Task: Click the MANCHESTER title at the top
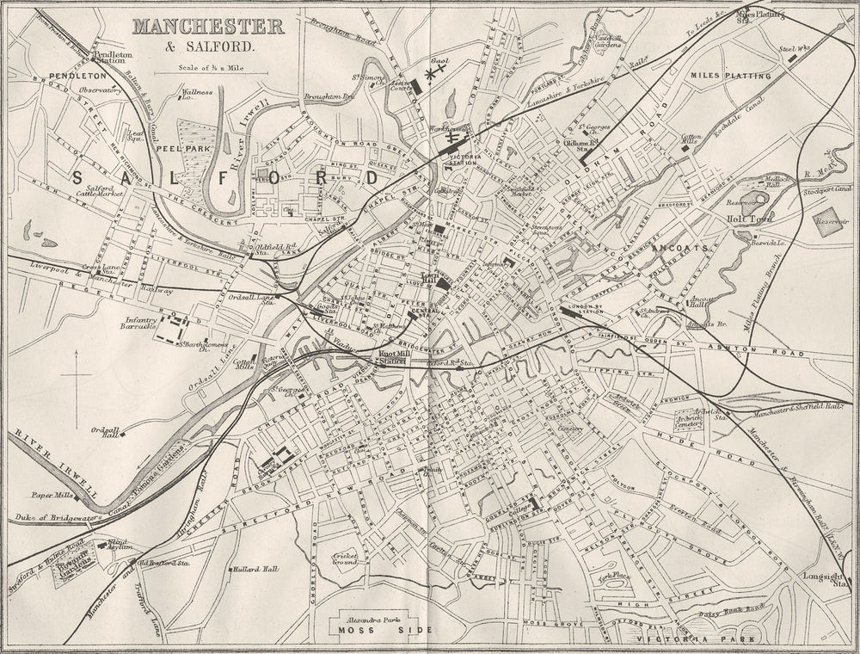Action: (208, 26)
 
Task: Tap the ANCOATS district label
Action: (679, 247)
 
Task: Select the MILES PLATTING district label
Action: (731, 76)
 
